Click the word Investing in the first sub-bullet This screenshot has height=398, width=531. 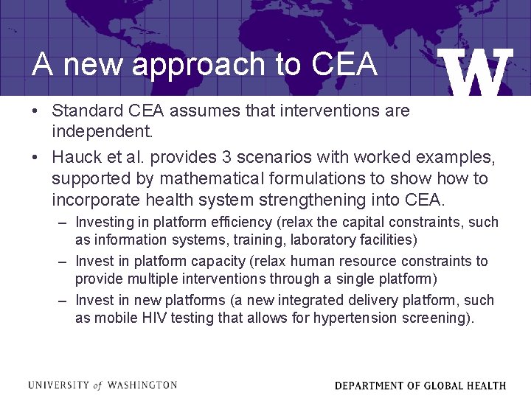click(106, 222)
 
